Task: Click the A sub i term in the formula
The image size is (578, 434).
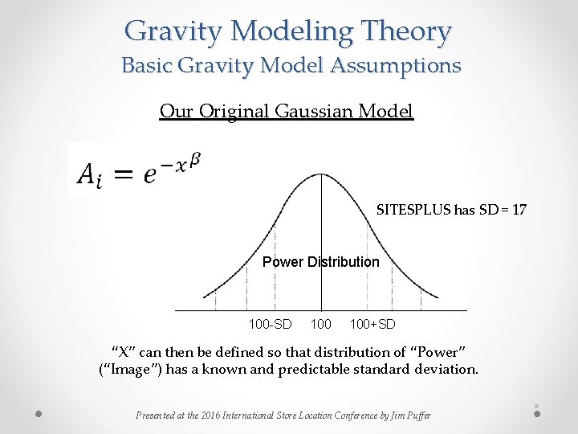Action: click(91, 174)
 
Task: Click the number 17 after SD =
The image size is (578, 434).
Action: click(519, 210)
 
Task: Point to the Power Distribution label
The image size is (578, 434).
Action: click(320, 262)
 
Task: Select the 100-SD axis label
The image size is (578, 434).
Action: click(270, 325)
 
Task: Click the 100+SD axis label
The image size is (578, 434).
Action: click(372, 325)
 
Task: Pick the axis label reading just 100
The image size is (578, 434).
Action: click(320, 325)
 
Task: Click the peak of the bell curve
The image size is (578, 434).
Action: click(321, 176)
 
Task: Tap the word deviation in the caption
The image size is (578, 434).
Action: click(446, 370)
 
